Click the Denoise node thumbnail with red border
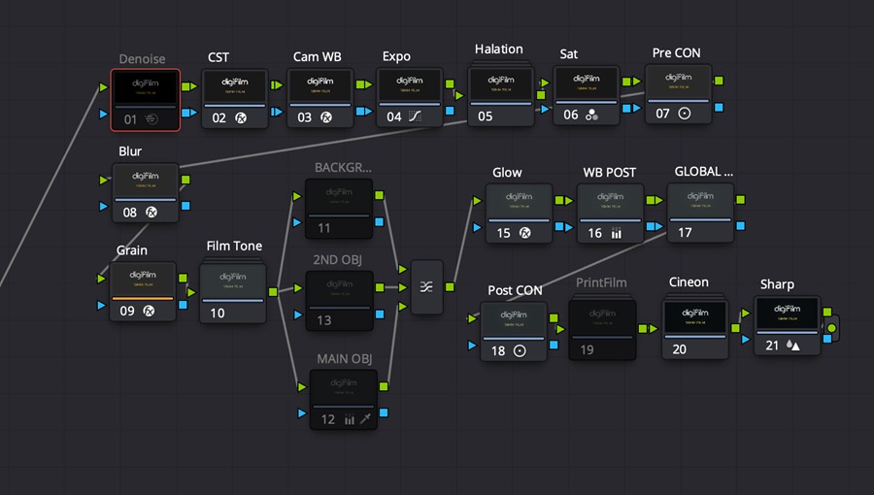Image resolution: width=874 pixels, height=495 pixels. click(145, 87)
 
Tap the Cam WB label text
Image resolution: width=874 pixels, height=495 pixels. click(318, 57)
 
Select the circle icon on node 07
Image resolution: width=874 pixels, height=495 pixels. click(685, 114)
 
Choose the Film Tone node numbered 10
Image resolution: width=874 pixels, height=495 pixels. click(233, 292)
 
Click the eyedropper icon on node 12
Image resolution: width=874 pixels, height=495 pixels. click(366, 419)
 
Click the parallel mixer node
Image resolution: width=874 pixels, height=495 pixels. click(426, 287)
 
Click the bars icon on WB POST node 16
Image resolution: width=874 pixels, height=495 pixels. click(617, 233)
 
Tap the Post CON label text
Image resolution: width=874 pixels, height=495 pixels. click(515, 290)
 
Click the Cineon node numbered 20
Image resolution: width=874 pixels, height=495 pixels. click(695, 329)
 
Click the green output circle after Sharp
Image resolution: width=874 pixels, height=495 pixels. click(831, 329)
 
